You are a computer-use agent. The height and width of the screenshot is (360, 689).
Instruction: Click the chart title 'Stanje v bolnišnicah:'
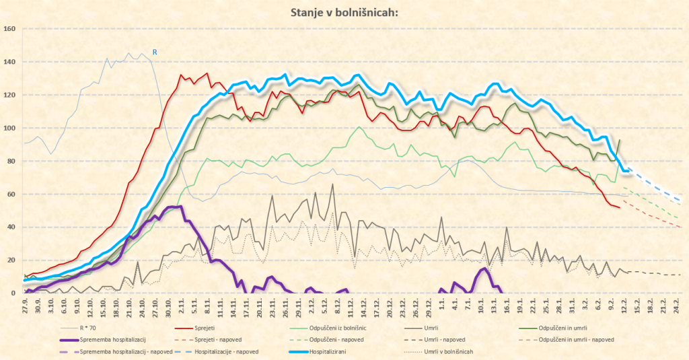coord(344,11)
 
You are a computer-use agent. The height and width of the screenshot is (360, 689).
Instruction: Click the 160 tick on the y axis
coord(10,29)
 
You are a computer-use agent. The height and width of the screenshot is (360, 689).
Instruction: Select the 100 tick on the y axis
coord(10,128)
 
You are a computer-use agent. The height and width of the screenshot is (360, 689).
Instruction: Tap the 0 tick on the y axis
coord(13,293)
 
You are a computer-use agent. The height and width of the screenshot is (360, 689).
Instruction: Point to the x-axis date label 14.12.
coord(363,305)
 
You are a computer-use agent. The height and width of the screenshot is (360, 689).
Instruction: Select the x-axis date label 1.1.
coord(441,305)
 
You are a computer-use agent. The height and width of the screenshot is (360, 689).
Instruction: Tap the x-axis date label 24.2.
coord(676,305)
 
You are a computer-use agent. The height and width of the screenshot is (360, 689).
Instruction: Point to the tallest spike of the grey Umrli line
coord(332,184)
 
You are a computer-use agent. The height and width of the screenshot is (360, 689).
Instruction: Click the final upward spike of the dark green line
coord(619,140)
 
